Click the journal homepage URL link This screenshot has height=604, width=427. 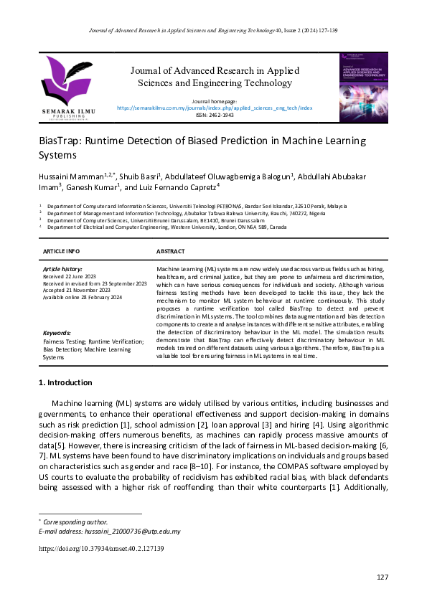(214, 108)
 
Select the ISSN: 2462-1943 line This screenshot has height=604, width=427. (214, 115)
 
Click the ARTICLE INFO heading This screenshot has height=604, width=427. (62, 252)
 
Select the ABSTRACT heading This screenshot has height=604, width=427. (170, 252)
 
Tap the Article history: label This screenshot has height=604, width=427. (62, 268)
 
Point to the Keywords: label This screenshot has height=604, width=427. (57, 333)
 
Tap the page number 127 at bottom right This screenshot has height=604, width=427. (382, 577)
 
